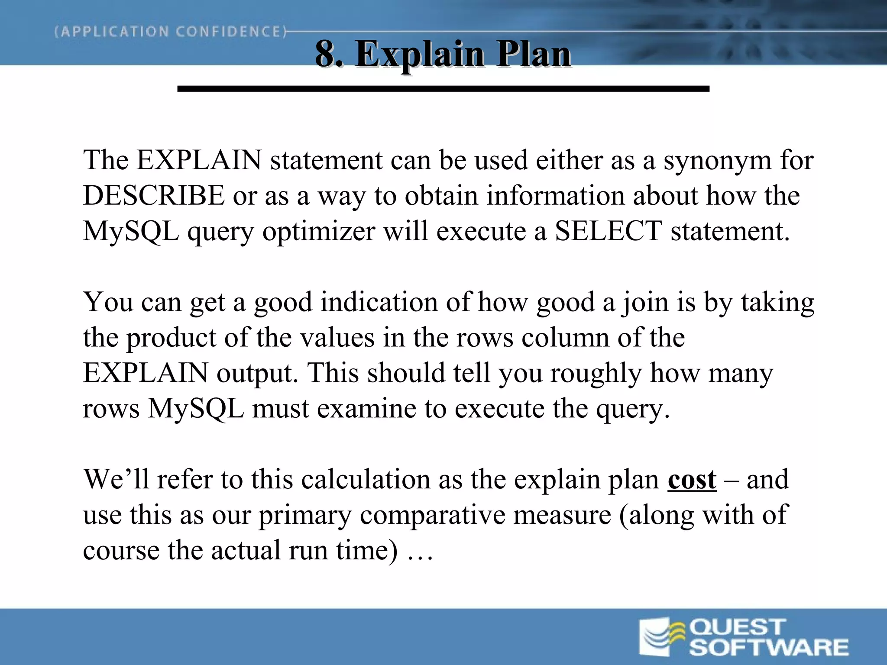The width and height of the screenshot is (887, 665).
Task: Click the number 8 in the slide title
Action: [x=326, y=54]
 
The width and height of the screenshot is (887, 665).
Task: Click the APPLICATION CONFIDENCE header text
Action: [x=171, y=32]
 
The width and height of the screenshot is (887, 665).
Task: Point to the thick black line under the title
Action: [x=443, y=89]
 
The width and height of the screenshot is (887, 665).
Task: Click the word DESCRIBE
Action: [x=154, y=195]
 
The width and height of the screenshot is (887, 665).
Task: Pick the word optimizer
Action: [x=318, y=232]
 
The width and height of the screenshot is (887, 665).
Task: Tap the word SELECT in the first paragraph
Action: [x=608, y=231]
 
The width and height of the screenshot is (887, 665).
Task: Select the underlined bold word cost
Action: [x=692, y=479]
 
